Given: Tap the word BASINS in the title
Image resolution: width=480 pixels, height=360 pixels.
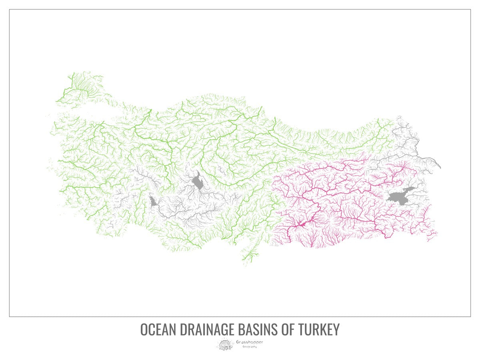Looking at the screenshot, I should coord(256,330).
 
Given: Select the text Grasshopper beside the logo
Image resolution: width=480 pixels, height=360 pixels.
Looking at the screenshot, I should coord(250,342).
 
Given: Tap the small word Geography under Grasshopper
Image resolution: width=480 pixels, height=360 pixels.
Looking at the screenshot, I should coord(250,346).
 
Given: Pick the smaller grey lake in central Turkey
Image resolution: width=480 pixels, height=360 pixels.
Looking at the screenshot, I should coord(152,201).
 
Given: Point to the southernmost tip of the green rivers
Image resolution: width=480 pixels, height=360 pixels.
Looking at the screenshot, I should coord(244,264).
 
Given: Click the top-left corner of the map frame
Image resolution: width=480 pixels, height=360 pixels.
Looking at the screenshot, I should coord(10,10).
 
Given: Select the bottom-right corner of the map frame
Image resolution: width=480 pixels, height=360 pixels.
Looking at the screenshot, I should coord(470,316).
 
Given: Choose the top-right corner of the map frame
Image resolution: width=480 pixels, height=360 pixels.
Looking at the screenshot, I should coord(470,10).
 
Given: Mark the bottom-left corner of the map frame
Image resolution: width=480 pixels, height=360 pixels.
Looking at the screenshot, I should coord(10,316).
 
